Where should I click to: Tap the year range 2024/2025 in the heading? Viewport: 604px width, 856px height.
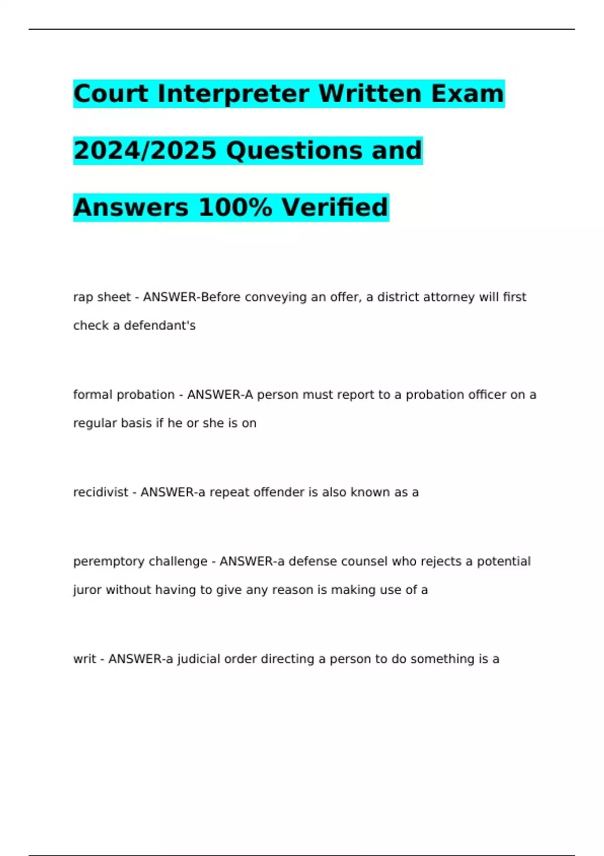pyautogui.click(x=145, y=151)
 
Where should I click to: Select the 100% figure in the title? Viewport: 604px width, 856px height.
pyautogui.click(x=236, y=207)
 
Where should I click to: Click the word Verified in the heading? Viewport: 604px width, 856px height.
pyautogui.click(x=335, y=207)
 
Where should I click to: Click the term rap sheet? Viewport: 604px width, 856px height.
pyautogui.click(x=102, y=297)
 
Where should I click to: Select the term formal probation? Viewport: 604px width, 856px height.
pyautogui.click(x=123, y=395)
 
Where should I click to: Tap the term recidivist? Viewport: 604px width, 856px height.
pyautogui.click(x=101, y=492)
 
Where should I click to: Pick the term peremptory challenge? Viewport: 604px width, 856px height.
pyautogui.click(x=140, y=561)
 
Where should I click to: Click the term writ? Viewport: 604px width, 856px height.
pyautogui.click(x=84, y=659)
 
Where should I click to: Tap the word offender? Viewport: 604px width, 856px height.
pyautogui.click(x=279, y=492)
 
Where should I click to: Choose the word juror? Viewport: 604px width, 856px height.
pyautogui.click(x=87, y=590)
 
